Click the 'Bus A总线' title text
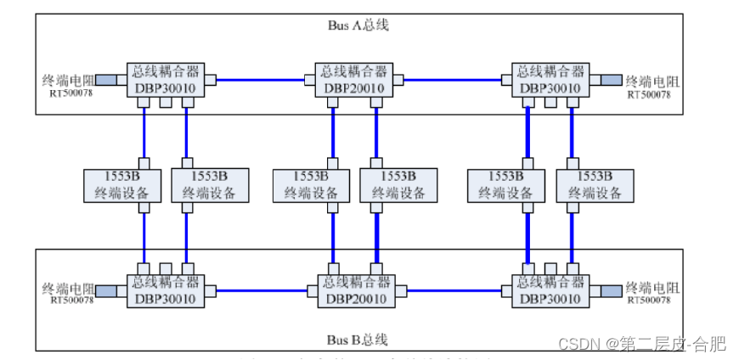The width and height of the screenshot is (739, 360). click(358, 25)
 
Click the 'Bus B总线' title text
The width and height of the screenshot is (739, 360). click(358, 340)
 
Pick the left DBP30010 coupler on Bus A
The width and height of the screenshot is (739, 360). click(161, 80)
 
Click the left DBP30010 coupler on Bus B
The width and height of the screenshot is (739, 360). click(161, 290)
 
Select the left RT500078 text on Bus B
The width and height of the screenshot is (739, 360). click(71, 301)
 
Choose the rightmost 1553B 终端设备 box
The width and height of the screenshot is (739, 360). click(595, 185)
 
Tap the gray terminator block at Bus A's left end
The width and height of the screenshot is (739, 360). click(106, 80)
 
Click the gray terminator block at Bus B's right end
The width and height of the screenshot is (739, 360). click(608, 290)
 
